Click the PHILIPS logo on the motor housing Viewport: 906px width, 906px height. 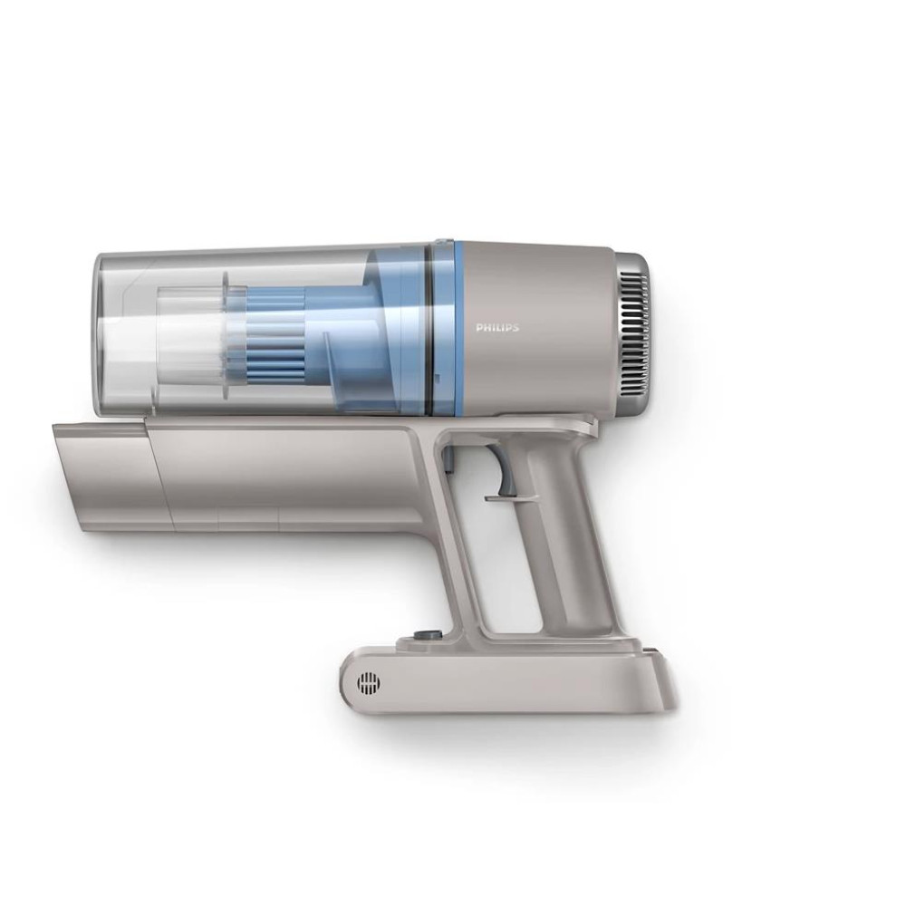click(497, 328)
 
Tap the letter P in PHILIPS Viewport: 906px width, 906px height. click(479, 328)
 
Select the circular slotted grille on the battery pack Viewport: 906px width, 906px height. click(370, 684)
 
